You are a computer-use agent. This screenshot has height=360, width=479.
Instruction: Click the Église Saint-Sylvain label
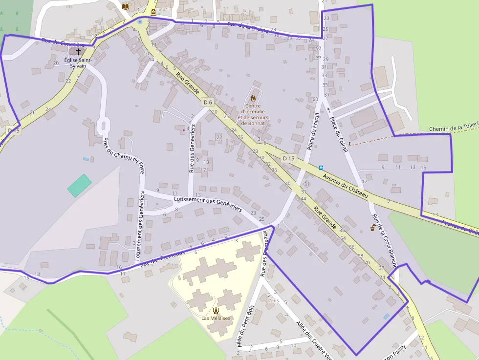tap(77, 63)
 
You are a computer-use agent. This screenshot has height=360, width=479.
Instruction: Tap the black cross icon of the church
tap(78, 51)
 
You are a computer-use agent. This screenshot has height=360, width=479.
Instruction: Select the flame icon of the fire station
tap(253, 98)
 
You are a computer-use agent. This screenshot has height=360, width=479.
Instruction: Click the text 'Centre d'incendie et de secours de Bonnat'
tap(253, 114)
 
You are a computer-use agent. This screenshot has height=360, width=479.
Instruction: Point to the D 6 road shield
tap(208, 102)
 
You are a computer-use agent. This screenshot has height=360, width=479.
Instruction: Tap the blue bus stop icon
tap(321, 168)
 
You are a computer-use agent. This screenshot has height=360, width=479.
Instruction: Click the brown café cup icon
tap(373, 228)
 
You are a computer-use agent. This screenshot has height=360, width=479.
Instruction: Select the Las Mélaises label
tap(216, 318)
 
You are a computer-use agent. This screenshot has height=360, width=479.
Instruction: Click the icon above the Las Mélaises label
tap(216, 310)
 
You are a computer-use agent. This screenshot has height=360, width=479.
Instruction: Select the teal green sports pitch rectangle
tap(79, 186)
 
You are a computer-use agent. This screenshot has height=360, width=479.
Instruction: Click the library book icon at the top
tap(126, 6)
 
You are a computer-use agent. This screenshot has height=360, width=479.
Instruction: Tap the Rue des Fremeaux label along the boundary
tap(162, 259)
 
